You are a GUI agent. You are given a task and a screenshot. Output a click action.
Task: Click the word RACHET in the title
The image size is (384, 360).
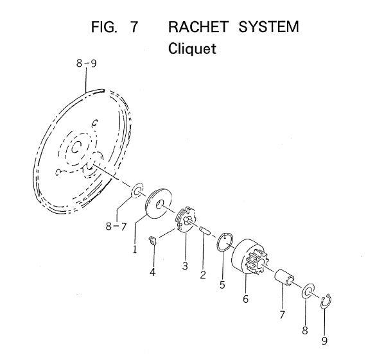198,27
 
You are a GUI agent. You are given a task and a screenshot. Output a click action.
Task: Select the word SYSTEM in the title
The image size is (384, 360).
268,27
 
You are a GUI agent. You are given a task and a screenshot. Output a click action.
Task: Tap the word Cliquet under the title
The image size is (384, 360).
192,49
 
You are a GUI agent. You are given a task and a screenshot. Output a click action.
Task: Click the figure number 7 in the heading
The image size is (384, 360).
134,27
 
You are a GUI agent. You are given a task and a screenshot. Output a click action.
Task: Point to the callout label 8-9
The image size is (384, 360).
87,64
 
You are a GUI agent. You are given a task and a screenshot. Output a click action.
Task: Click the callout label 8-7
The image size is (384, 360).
116,226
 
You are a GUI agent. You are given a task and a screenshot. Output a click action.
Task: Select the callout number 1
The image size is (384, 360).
135,249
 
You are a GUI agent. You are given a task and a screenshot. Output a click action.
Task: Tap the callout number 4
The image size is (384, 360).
153,272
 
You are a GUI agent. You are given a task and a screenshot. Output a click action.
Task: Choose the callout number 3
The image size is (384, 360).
185,266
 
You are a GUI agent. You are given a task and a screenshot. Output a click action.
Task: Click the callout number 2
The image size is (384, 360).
203,275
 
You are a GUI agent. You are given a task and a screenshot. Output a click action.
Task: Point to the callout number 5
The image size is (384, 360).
222,285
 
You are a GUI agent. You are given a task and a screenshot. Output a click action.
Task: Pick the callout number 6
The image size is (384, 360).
246,299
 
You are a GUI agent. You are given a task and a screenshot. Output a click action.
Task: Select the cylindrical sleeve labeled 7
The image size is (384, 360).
284,277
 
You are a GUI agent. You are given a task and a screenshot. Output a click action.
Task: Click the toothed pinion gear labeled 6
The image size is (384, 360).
250,256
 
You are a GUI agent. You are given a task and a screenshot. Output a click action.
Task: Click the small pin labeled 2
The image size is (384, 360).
204,231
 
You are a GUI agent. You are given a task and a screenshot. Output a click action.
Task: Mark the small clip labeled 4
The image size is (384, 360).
153,241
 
